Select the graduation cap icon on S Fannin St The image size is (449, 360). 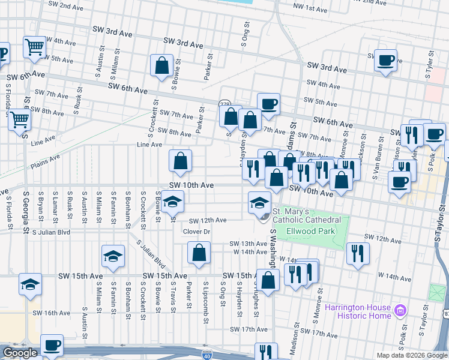[113, 257]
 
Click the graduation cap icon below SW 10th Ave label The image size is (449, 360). [172, 204]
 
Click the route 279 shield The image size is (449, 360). [224, 104]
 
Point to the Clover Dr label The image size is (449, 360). [196, 231]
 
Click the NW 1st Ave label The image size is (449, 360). [310, 7]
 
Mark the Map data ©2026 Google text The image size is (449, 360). [411, 355]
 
